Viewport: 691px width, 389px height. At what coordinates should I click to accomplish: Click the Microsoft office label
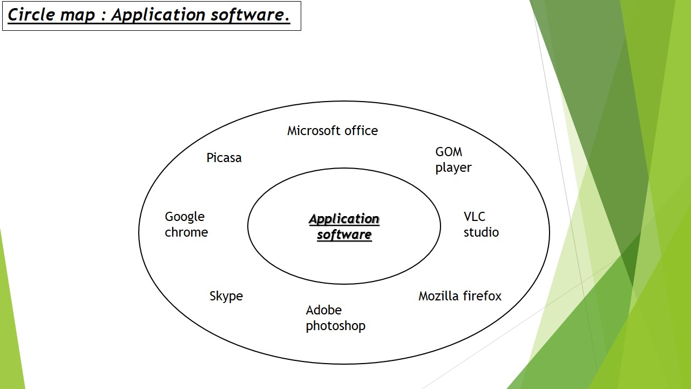pos(332,131)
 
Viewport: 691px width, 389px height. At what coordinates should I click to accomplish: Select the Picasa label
pos(224,158)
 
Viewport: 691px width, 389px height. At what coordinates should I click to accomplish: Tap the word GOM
pos(449,152)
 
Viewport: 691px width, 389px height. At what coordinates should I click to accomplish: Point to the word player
pos(453,168)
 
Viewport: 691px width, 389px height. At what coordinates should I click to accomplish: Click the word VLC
pos(475,217)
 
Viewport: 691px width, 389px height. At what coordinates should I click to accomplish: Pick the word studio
pos(481,232)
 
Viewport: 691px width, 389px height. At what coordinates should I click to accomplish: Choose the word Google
pos(185,217)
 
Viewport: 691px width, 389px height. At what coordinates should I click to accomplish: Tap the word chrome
pos(186,232)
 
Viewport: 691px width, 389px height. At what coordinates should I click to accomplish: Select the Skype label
pos(226,296)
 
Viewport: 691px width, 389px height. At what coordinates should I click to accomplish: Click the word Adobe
pos(324,310)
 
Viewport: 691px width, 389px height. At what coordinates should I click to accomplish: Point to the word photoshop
pos(335,326)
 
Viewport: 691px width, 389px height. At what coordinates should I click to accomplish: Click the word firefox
pos(482,296)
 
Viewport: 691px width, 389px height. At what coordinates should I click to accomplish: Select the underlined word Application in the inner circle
pos(344,219)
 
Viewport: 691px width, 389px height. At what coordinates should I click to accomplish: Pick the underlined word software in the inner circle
pos(344,234)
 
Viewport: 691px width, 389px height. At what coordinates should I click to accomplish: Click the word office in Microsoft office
pos(362,131)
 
